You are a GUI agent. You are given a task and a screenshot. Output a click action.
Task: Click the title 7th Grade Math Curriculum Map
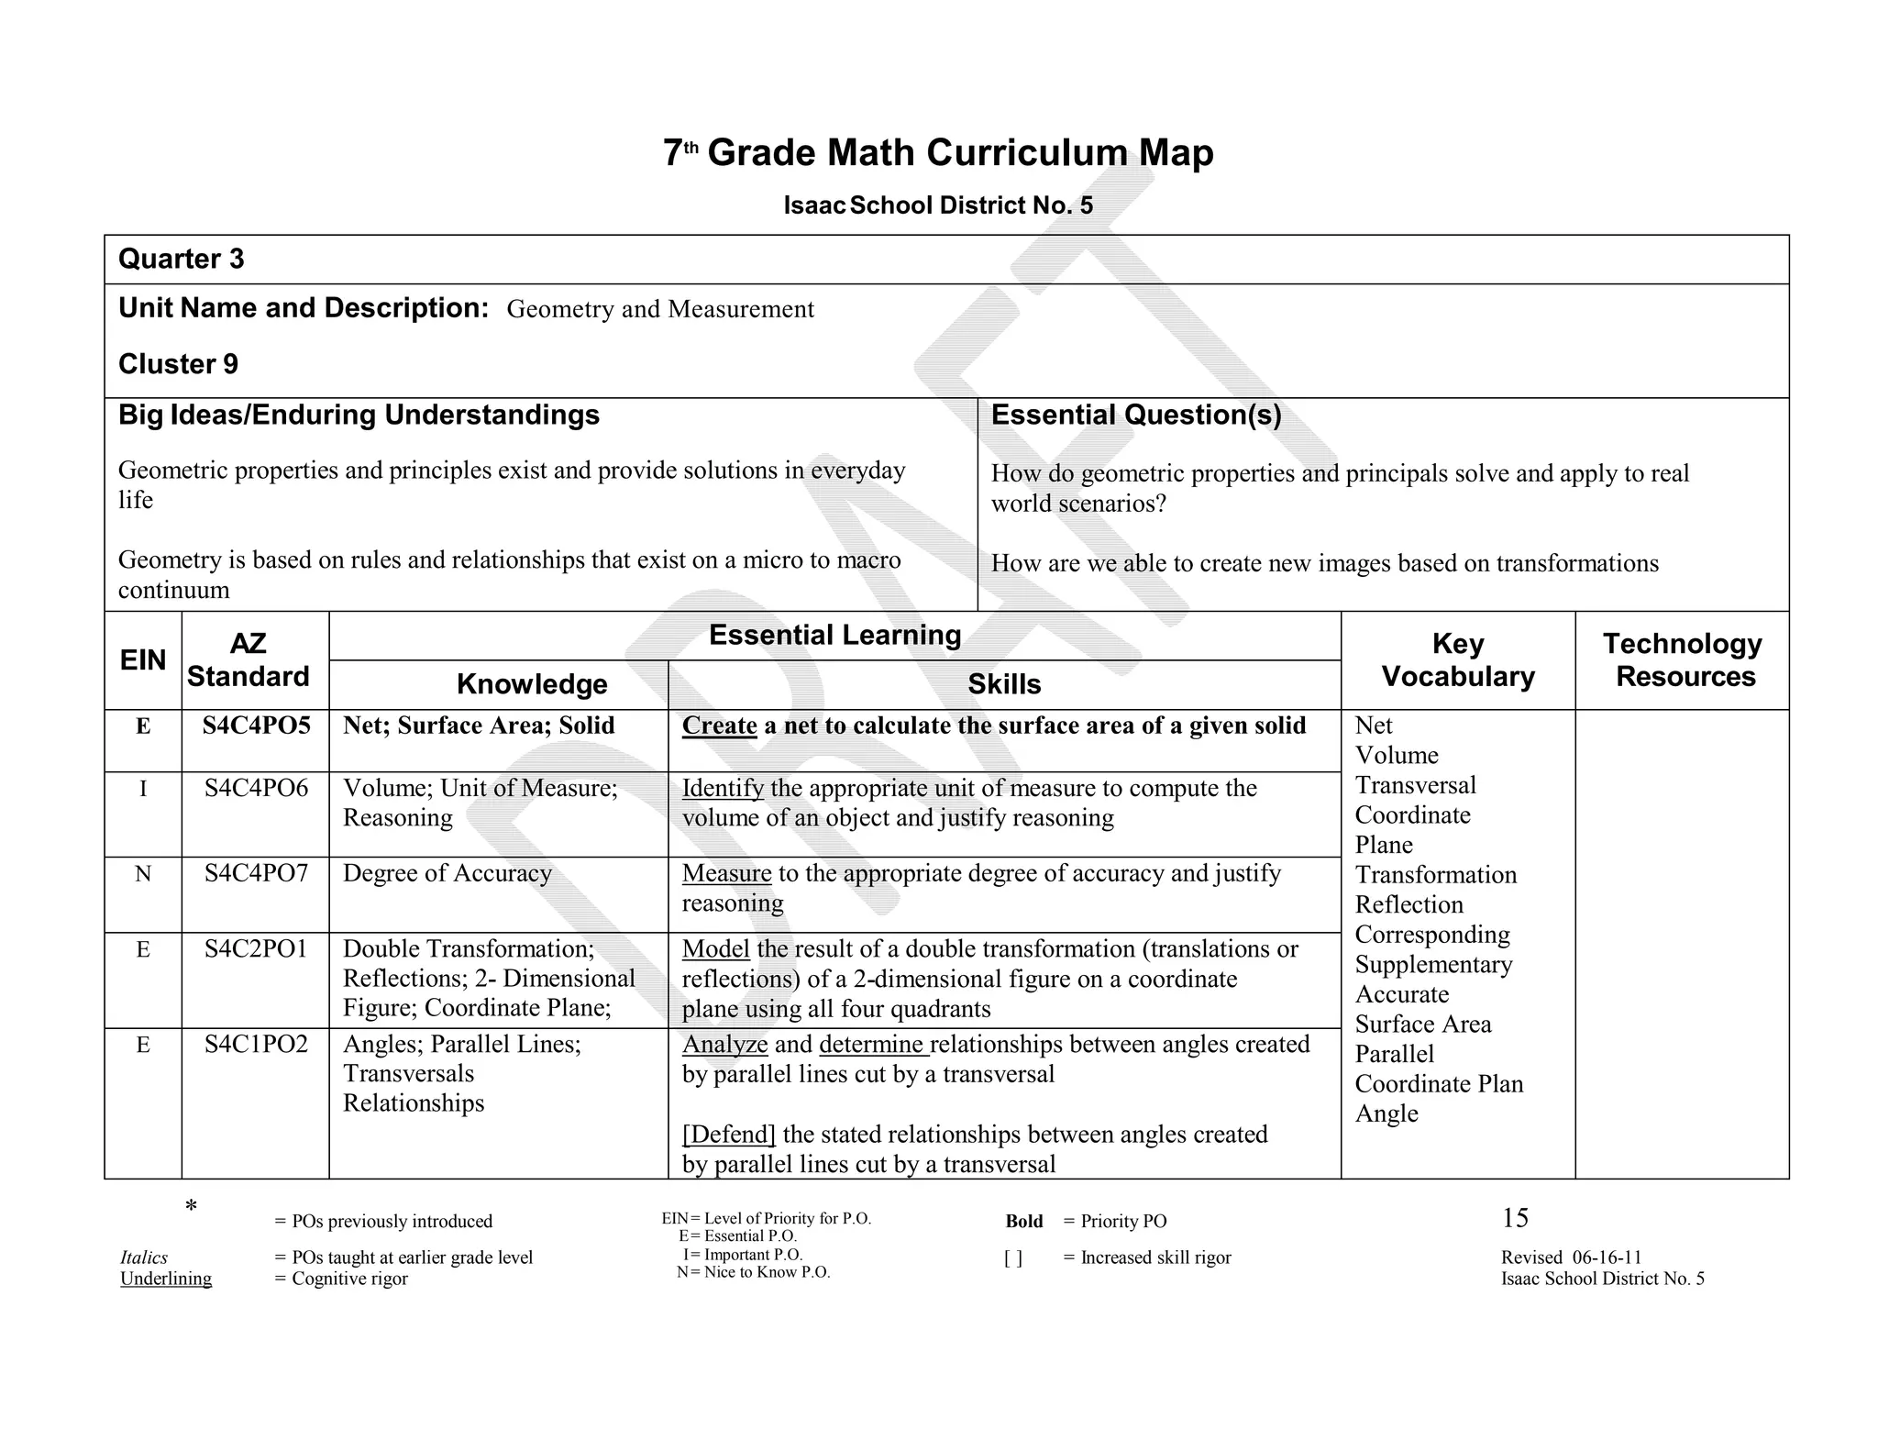937,152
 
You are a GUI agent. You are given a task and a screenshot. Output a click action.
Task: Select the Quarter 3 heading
182,260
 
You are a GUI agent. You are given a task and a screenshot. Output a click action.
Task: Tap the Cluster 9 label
178,364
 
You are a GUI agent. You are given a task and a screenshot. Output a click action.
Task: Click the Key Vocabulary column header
1457,660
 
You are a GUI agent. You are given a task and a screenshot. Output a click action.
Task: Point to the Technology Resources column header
1683,660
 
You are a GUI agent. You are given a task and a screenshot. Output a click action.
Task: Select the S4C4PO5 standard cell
256,725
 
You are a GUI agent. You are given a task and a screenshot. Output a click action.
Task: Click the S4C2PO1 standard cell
256,948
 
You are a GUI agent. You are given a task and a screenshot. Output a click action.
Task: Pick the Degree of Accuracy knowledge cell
447,873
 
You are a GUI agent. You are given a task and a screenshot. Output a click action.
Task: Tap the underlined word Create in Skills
719,725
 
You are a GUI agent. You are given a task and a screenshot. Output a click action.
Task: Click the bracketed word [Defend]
729,1135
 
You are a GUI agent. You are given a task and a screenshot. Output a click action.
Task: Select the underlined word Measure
726,873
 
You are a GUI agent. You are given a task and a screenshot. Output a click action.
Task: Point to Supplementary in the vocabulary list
1433,965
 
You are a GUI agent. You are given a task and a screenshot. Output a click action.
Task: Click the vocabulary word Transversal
1415,785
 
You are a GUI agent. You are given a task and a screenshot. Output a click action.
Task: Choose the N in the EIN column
143,874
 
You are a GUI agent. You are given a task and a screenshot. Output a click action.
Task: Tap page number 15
1515,1218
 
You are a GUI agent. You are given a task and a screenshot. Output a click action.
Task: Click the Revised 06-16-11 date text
1571,1257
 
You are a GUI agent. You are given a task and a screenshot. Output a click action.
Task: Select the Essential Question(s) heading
1135,415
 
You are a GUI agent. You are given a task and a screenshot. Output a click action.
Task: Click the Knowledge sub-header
532,684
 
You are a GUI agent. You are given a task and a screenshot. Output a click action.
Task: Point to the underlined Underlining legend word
166,1279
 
